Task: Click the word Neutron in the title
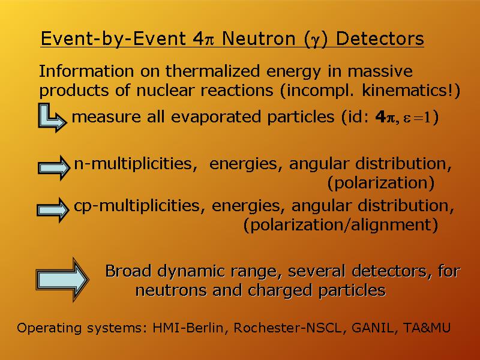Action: tap(259, 38)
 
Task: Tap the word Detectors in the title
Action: tap(380, 38)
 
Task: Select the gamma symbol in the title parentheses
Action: tap(316, 40)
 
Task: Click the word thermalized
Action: tap(213, 71)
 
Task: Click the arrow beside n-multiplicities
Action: tap(54, 168)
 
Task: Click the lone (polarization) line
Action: tap(381, 183)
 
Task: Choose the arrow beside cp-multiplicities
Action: tap(53, 209)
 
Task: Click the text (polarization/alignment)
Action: tap(341, 225)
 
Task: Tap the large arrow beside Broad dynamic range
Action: tap(62, 279)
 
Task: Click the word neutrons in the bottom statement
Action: tap(171, 290)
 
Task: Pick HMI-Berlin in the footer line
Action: tap(188, 328)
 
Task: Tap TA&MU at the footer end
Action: tap(427, 328)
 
